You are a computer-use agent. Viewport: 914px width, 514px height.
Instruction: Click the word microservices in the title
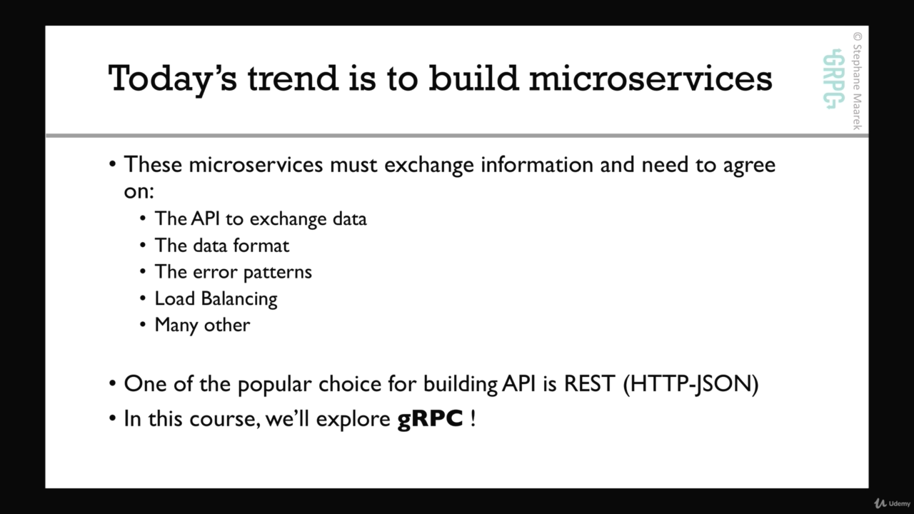tap(651, 78)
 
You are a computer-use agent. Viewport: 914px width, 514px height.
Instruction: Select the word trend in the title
tap(293, 78)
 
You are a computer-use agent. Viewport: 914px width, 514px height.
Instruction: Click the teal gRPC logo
tap(833, 79)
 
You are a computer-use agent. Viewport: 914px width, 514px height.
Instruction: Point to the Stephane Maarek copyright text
tap(858, 81)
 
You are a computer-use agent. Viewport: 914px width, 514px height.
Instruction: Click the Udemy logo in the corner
tap(892, 503)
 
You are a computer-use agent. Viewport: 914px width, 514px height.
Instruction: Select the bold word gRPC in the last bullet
tap(430, 419)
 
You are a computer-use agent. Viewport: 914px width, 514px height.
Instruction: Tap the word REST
tap(589, 384)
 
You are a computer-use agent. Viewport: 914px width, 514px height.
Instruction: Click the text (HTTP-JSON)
tap(690, 385)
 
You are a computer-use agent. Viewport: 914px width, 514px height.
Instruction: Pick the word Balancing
tap(239, 299)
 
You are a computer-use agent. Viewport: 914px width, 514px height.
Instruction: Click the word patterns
tap(278, 273)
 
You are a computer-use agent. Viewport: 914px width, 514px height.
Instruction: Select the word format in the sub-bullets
tap(261, 246)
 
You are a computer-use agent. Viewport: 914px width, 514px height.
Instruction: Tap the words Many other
tap(202, 326)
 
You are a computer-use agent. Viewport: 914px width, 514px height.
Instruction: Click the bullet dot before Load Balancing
tap(142, 298)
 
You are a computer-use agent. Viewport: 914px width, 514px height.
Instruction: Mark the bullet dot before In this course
tap(113, 418)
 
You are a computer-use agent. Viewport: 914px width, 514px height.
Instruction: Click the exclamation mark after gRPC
tap(473, 418)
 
